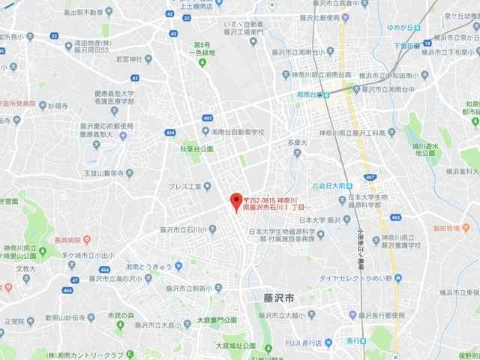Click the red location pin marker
[x=235, y=201]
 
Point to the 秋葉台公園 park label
[x=197, y=148]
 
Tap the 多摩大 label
[x=298, y=141]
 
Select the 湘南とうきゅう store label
[x=153, y=266]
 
